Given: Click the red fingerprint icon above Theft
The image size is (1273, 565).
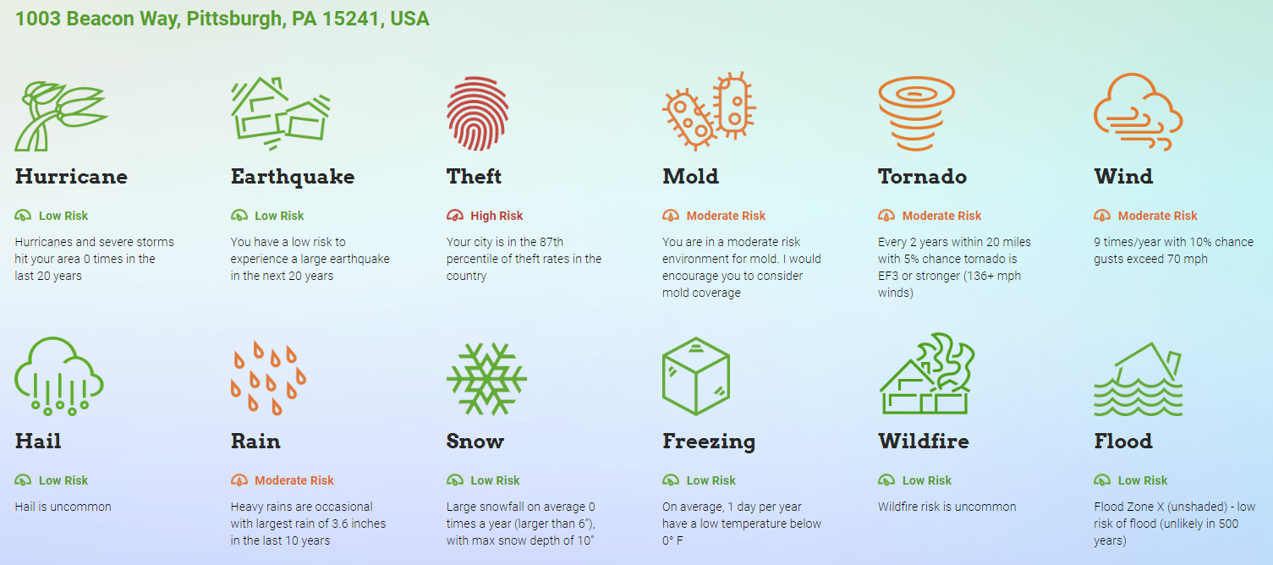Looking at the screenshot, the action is tap(477, 113).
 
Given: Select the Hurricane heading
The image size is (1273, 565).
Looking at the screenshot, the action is tap(71, 177).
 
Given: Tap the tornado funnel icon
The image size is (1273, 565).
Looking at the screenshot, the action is tap(916, 113).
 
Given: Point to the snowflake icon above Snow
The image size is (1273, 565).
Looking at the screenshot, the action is tap(486, 379).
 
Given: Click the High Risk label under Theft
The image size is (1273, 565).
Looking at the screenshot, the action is tap(497, 216).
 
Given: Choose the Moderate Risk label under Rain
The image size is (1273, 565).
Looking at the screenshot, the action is tap(294, 481).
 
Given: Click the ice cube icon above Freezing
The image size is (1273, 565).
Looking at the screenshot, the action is tap(695, 376).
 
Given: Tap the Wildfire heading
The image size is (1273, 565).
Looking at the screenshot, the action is tap(924, 442).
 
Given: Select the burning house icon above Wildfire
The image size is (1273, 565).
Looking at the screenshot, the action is tap(926, 374).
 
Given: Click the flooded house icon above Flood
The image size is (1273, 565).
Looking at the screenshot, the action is tap(1139, 379).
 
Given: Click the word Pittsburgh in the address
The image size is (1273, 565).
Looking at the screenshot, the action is tap(234, 19).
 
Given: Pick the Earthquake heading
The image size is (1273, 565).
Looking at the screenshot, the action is tap(293, 177).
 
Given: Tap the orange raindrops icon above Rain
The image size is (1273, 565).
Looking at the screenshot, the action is tap(268, 379).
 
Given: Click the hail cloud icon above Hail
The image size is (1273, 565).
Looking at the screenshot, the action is tap(58, 376).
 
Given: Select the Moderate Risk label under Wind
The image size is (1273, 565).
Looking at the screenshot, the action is tap(1157, 216).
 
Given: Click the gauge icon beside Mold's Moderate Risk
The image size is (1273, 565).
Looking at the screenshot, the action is tap(671, 216).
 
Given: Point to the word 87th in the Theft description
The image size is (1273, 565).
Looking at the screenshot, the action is tap(551, 242).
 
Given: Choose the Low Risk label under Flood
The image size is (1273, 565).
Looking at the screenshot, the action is tap(1142, 481).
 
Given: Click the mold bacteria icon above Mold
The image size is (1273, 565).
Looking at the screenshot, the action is tap(709, 112).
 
